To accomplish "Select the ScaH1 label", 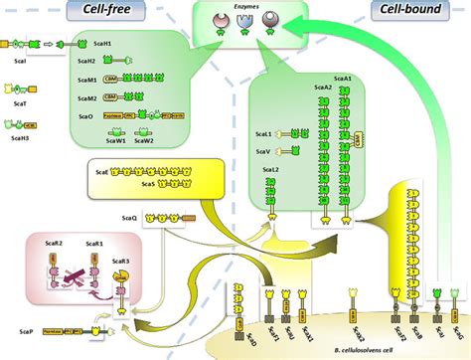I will click(87, 45).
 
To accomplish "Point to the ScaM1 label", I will click(87, 81).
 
